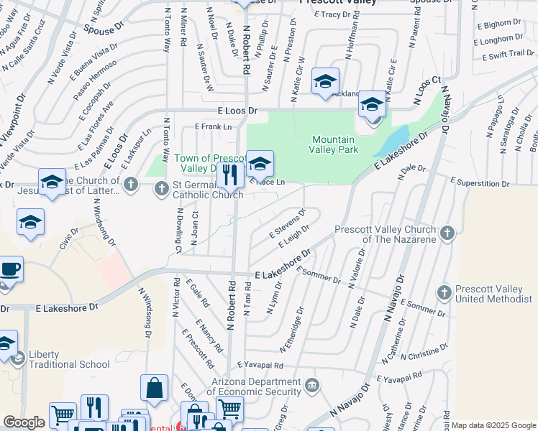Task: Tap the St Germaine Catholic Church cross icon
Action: point(160,188)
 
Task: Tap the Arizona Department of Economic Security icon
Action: point(311,386)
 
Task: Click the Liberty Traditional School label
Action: point(69,359)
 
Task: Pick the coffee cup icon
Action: point(11,269)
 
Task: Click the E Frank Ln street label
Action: point(216,127)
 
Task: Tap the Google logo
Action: point(24,422)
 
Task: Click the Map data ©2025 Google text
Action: point(494,425)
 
